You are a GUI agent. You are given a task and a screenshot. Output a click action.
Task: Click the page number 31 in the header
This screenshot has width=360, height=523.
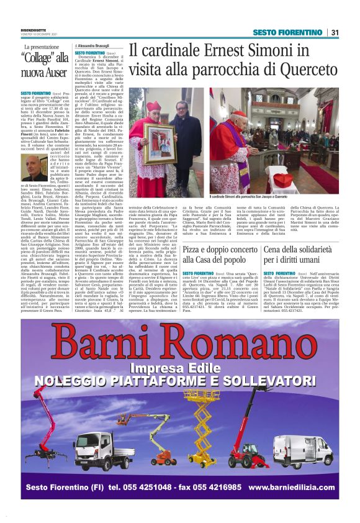click(x=335, y=32)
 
